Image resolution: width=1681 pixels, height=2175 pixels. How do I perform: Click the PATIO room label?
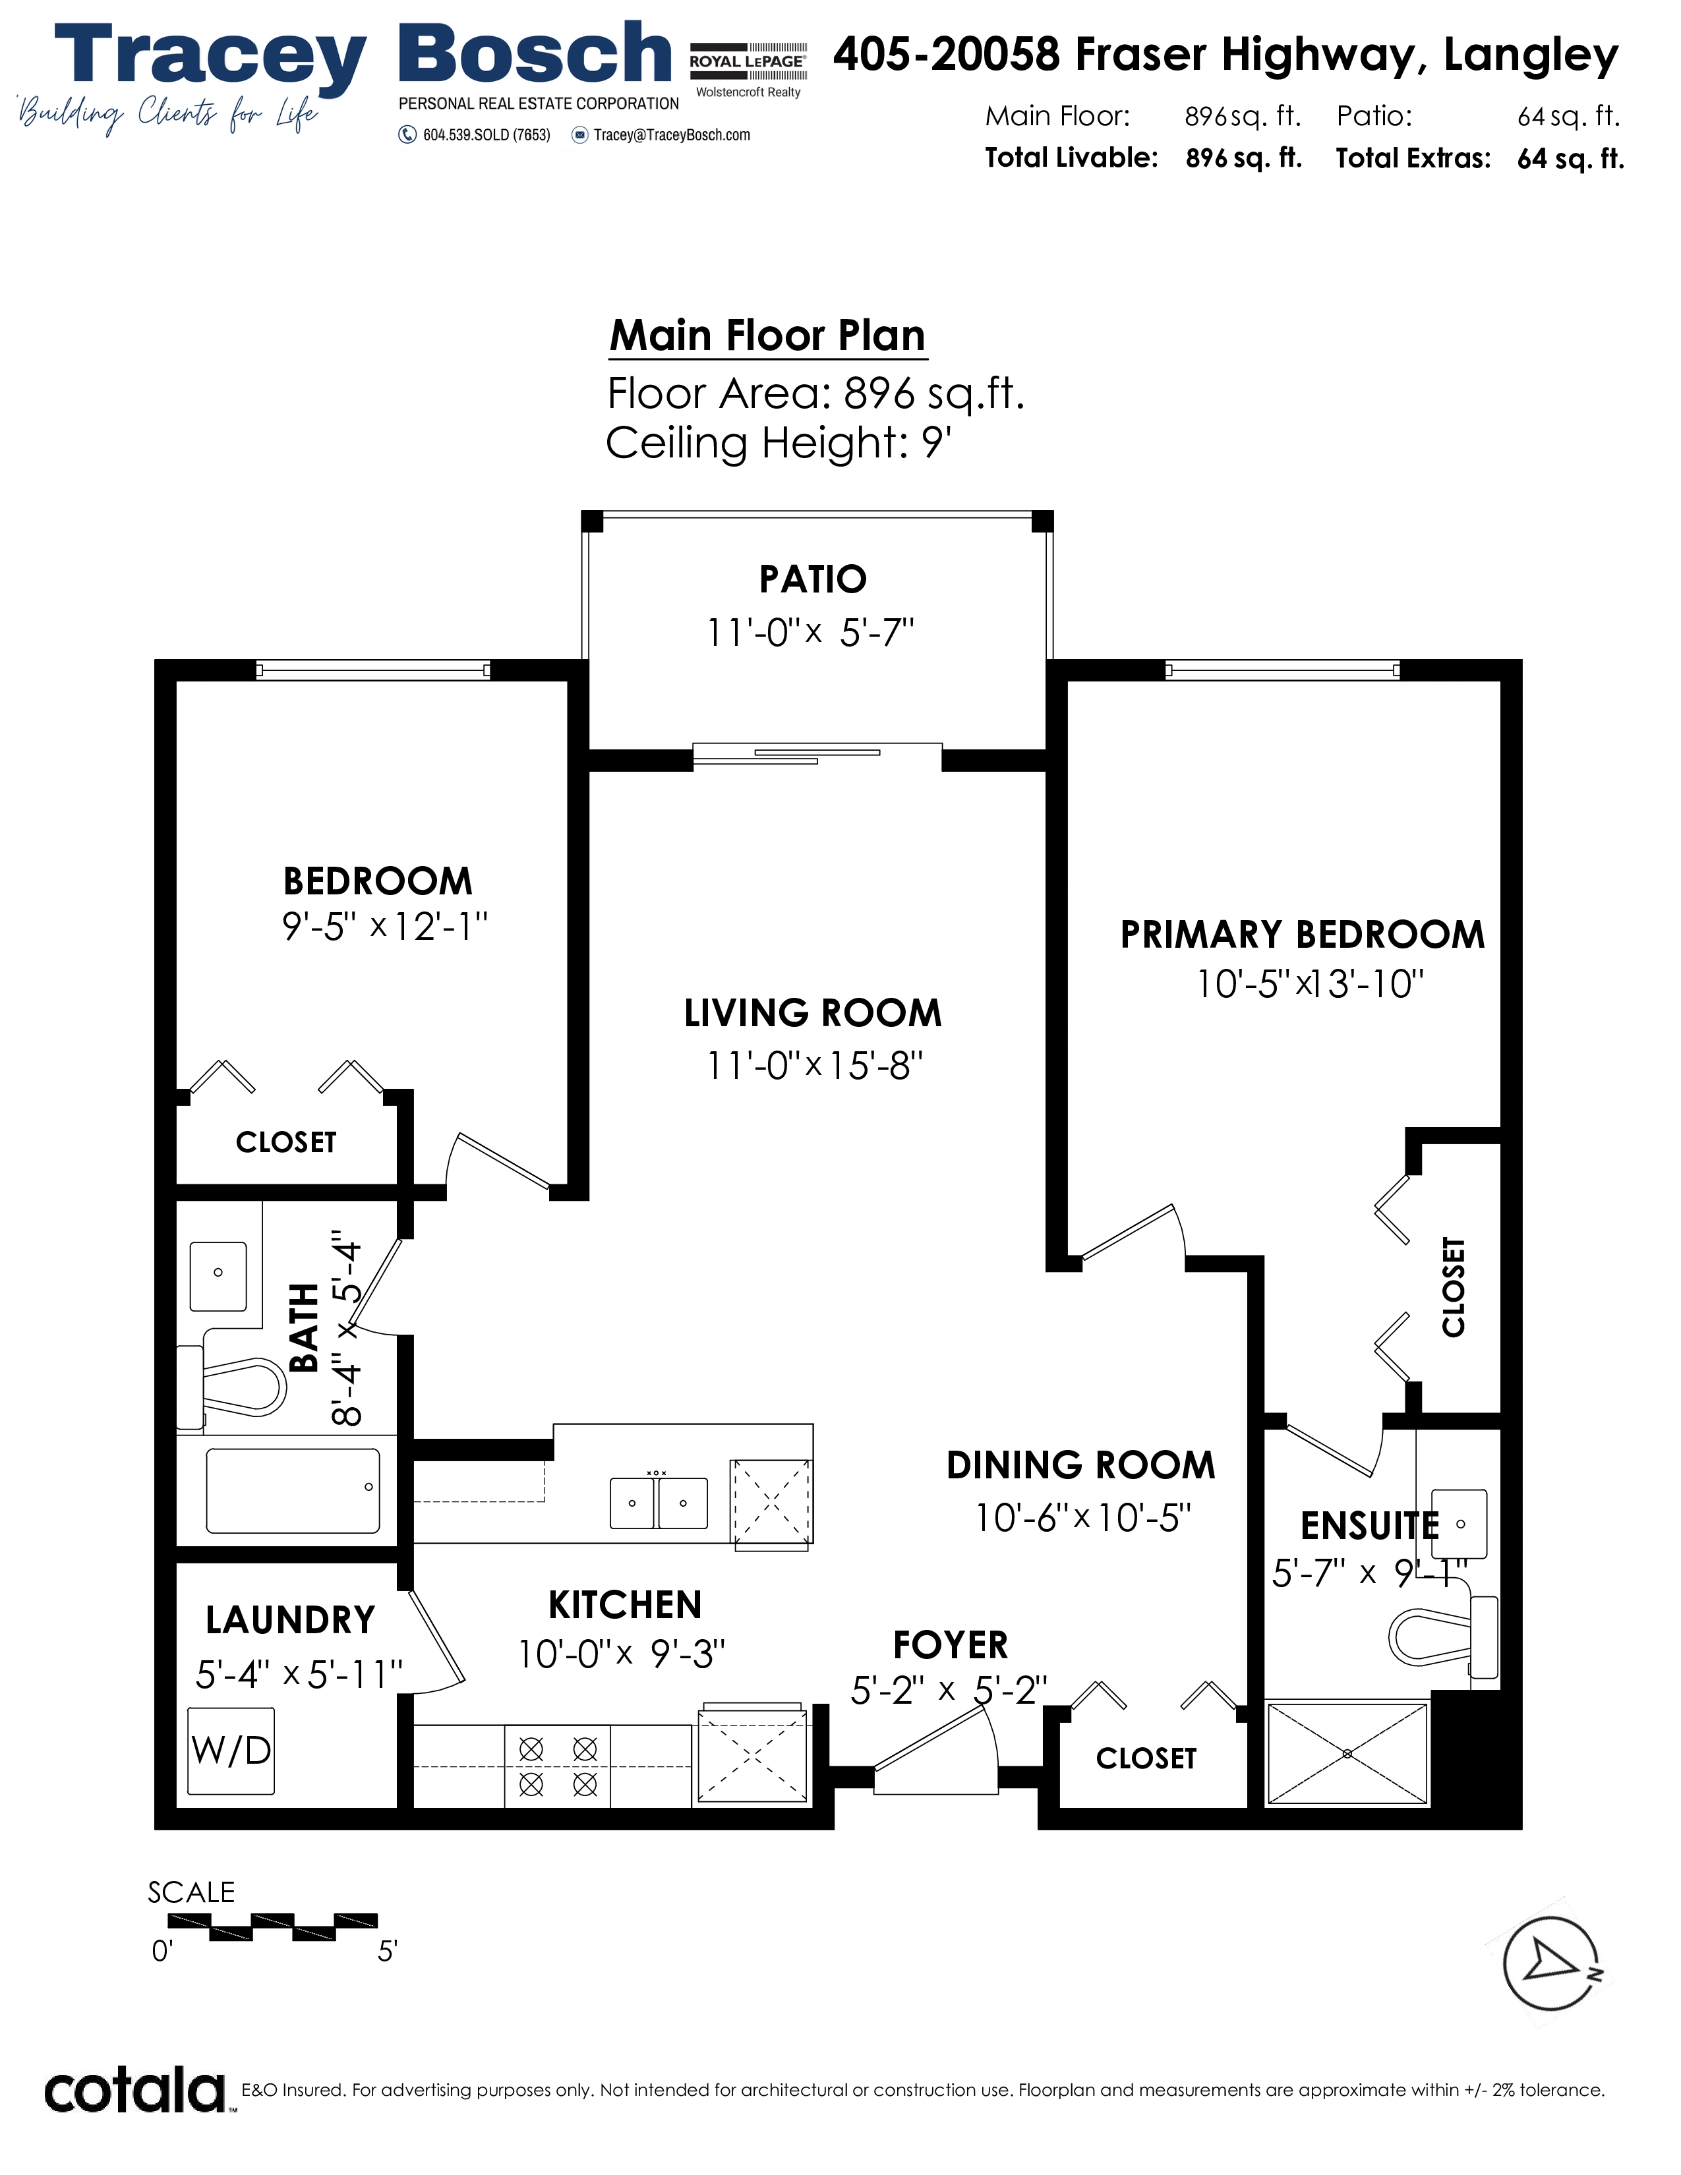click(x=813, y=579)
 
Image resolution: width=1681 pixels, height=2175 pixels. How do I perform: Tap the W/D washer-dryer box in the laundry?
click(x=231, y=1751)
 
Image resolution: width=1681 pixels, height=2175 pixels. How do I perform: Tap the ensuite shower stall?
click(x=1346, y=1752)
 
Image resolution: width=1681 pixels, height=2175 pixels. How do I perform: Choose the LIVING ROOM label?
click(x=813, y=1013)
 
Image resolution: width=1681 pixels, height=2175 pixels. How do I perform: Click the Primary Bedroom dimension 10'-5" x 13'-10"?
click(x=1310, y=984)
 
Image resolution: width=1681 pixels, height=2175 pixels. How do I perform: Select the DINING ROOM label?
click(x=1080, y=1465)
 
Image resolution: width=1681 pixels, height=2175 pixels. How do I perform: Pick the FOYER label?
click(x=950, y=1644)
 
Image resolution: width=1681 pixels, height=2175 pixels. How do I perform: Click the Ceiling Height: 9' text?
click(x=779, y=442)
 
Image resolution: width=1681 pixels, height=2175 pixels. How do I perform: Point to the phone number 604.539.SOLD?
click(x=475, y=134)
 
